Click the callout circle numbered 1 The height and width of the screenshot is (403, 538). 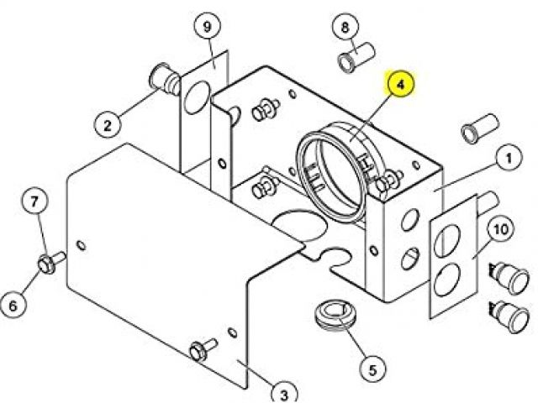pyautogui.click(x=508, y=157)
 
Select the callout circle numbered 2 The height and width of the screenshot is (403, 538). pyautogui.click(x=108, y=125)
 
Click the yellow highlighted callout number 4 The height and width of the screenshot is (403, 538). pyautogui.click(x=402, y=86)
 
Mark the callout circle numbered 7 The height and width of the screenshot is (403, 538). pyautogui.click(x=34, y=201)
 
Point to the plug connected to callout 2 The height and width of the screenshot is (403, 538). pyautogui.click(x=164, y=81)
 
